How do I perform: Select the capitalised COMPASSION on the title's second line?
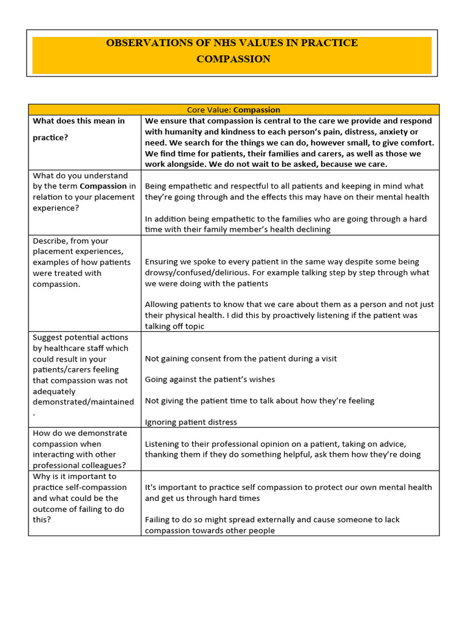tap(234, 59)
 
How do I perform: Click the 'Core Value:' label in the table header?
tap(209, 110)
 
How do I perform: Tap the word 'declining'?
tap(312, 229)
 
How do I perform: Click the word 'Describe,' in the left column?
tap(50, 241)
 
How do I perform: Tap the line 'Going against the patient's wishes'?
tap(210, 380)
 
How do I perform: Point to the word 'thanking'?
tap(163, 455)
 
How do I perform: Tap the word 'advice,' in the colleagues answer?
tap(390, 444)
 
